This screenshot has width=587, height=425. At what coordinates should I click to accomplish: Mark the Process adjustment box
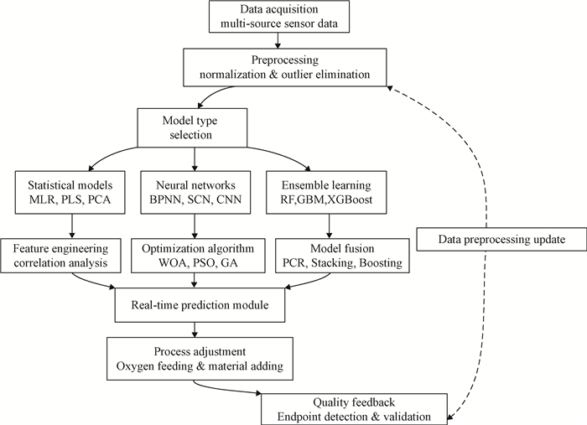(195, 355)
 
